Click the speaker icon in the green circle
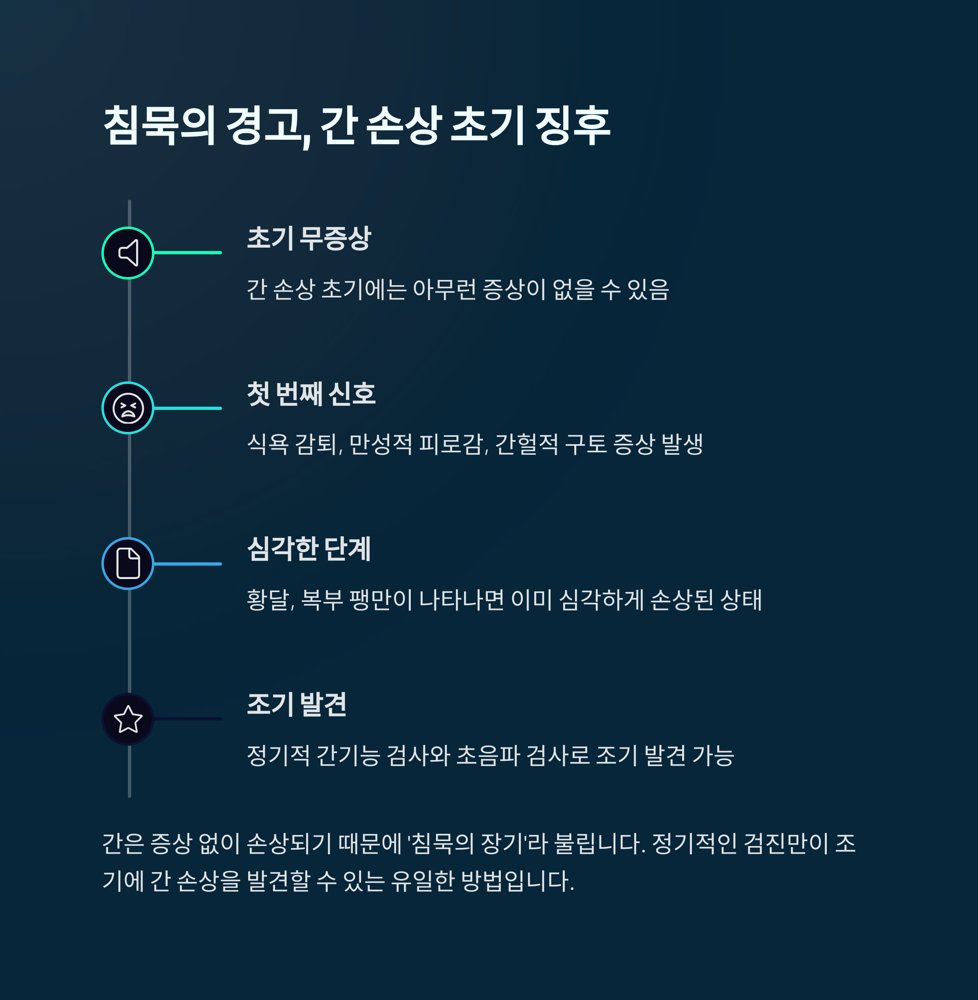[x=128, y=253]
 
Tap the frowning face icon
[x=128, y=408]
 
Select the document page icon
[x=128, y=564]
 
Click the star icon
[x=128, y=719]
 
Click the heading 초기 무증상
[x=309, y=238]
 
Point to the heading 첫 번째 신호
[x=311, y=394]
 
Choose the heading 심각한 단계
[x=309, y=549]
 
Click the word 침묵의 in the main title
[x=159, y=126]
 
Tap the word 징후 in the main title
[x=572, y=126]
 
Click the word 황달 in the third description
[x=268, y=600]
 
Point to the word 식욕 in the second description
[x=268, y=444]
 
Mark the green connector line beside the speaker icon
[x=187, y=253]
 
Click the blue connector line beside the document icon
[x=187, y=564]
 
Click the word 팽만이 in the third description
[x=381, y=600]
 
